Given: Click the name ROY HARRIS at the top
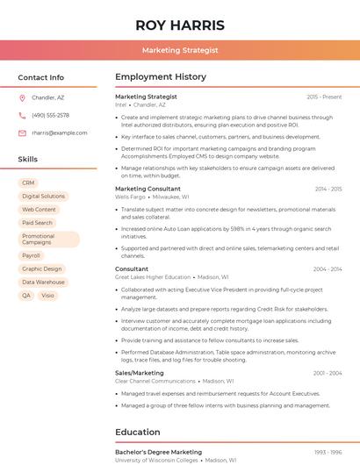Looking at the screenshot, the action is coord(180,25).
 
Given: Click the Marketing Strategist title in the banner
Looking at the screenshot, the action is coord(180,51).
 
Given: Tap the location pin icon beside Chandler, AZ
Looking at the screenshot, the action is coord(22,98).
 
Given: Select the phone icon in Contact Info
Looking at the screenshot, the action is coord(22,115).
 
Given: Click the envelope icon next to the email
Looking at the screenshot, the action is coord(22,132).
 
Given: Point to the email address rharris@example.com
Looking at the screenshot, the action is coord(59,132).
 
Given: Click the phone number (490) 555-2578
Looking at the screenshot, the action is coord(50,115).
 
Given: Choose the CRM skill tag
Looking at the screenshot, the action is coord(28,182).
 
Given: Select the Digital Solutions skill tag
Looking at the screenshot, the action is coord(43,197).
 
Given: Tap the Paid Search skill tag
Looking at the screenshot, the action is coord(37,223).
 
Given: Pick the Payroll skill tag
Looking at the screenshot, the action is coord(31,255).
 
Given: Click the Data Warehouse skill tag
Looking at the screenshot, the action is coord(43,283).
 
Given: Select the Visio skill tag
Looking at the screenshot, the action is coord(47,296).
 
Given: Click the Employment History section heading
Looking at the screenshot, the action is coord(161,77).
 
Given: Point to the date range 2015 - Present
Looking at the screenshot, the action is coord(324,97).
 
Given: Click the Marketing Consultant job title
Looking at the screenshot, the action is coord(148,189).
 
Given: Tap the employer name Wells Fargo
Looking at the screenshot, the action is coord(130,197).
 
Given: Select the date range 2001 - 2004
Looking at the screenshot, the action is coord(328,373).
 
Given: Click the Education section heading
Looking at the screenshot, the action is coord(137,432).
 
